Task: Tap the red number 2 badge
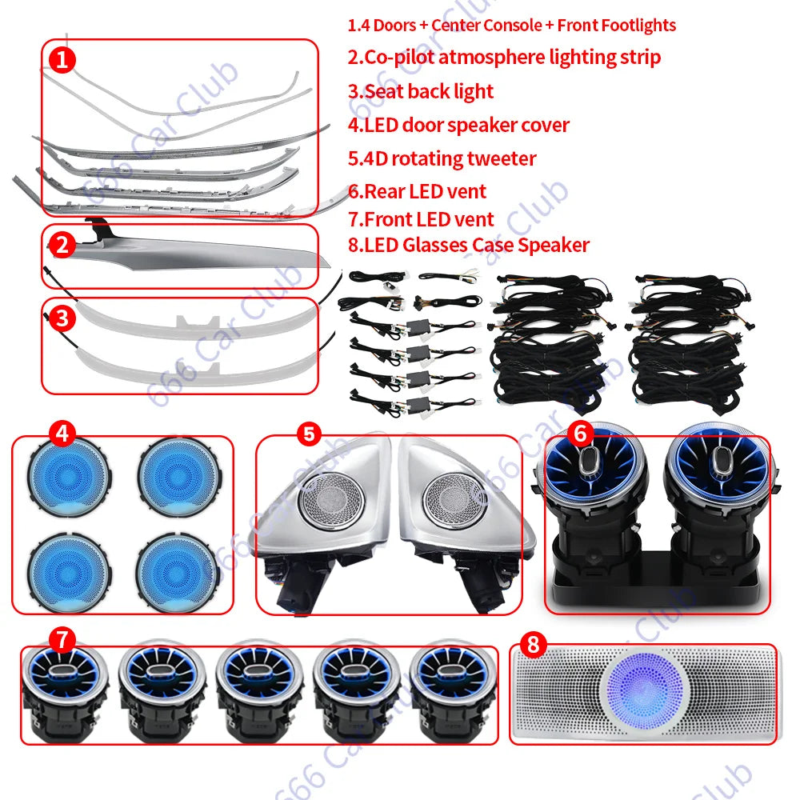point(63,243)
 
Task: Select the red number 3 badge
point(63,318)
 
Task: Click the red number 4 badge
point(63,433)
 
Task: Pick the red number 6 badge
point(582,433)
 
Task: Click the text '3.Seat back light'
point(421,91)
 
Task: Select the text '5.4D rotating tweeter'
point(442,158)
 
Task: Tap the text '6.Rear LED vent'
point(417,191)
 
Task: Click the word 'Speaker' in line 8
point(553,245)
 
